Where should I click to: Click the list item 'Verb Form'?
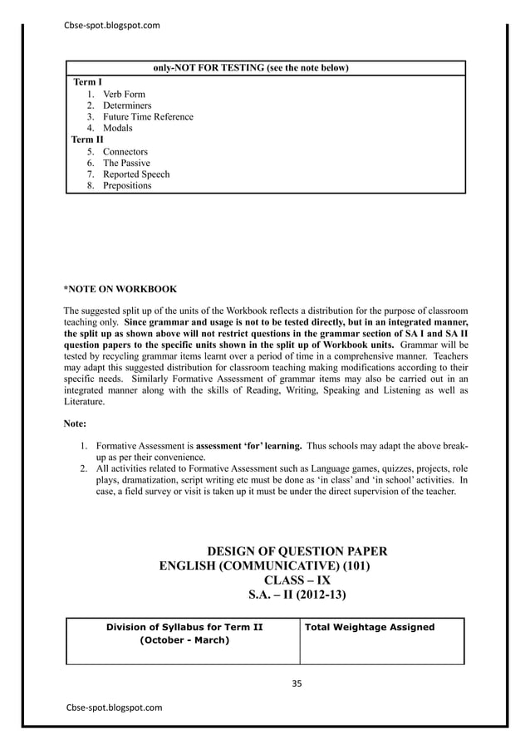pos(124,95)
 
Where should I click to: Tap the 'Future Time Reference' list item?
pos(148,117)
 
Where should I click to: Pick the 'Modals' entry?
pos(117,129)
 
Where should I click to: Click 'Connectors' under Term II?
pos(125,152)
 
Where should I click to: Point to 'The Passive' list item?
pos(126,164)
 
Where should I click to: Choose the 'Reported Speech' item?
pos(136,174)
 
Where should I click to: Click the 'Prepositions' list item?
pos(127,186)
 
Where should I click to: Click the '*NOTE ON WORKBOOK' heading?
pos(120,290)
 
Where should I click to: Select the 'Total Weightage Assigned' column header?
pos(370,627)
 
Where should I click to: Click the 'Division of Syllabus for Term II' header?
pos(184,627)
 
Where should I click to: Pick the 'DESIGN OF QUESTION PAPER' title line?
pos(296,551)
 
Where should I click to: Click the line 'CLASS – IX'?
pos(296,580)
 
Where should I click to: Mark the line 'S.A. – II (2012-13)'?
pos(297,595)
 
